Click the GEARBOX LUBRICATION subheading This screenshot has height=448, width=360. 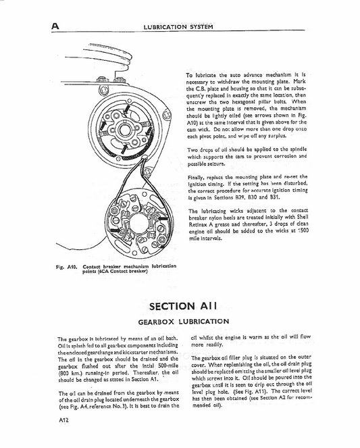[x=180, y=322]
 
